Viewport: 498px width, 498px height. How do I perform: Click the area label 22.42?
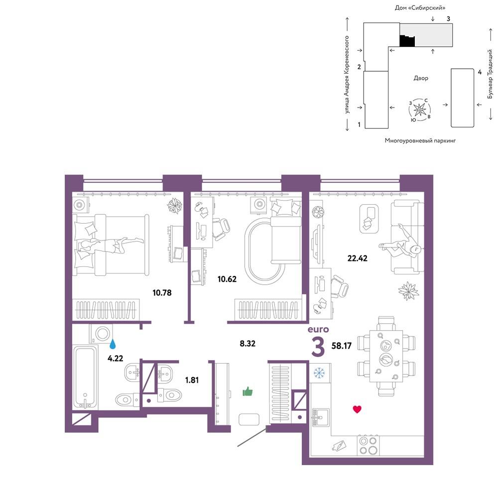(x=357, y=258)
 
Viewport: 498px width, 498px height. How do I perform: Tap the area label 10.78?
(x=162, y=292)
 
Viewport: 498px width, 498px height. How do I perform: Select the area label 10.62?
(x=227, y=279)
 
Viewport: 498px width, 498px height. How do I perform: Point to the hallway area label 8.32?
(x=248, y=343)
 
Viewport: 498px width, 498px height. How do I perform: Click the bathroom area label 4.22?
(x=116, y=359)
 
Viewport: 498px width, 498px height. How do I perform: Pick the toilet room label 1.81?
(x=192, y=380)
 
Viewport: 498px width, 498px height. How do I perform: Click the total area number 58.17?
(x=342, y=346)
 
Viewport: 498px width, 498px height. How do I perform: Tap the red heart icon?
(x=357, y=409)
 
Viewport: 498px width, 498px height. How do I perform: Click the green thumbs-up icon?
(x=248, y=391)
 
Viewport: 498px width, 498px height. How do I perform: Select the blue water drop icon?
(x=113, y=344)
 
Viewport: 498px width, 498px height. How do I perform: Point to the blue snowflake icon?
(x=319, y=373)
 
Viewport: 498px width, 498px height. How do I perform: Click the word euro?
(x=318, y=329)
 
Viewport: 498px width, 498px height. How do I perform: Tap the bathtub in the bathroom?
(x=86, y=377)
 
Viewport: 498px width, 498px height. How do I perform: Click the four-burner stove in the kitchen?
(x=368, y=446)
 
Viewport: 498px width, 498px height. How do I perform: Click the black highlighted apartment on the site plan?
(x=407, y=41)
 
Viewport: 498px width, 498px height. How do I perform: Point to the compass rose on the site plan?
(x=419, y=110)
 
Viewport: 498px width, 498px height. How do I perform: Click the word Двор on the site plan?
(x=421, y=78)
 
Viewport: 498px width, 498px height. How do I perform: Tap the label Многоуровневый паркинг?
(x=420, y=140)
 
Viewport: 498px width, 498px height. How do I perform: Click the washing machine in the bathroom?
(x=101, y=334)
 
